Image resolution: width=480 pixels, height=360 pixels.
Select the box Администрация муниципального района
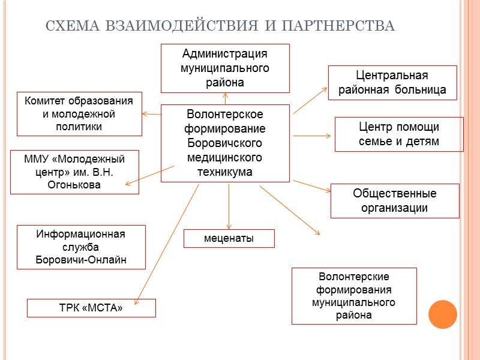tap(225, 68)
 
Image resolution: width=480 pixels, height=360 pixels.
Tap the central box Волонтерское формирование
tap(225, 143)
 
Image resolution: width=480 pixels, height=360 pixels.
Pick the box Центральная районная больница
tap(392, 83)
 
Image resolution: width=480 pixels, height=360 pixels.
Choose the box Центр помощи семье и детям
tap(398, 134)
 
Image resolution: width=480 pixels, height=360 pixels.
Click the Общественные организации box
tap(395, 200)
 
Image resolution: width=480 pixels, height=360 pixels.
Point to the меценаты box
tap(229, 238)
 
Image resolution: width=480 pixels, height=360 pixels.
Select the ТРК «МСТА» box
tap(91, 308)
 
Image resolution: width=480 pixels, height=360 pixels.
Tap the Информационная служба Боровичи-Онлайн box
tap(81, 247)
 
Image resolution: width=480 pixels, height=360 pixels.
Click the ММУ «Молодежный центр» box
tap(74, 172)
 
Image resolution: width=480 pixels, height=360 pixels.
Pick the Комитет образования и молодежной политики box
tap(79, 113)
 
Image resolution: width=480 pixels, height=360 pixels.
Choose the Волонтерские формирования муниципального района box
tap(354, 296)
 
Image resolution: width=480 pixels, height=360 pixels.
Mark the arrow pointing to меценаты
tap(229, 207)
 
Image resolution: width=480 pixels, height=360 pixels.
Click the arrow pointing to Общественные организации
tap(312, 186)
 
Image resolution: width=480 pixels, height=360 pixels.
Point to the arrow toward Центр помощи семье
tap(312, 136)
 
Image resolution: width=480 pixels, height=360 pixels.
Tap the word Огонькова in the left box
tap(74, 185)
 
